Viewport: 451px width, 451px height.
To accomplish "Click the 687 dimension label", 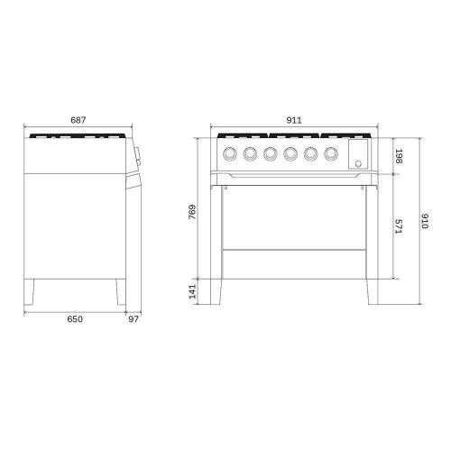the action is [x=78, y=120].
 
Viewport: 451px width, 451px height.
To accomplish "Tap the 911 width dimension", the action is [x=294, y=120].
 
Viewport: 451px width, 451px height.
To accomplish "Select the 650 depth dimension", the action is [x=75, y=319].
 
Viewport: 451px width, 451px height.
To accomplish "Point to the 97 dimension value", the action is [x=133, y=319].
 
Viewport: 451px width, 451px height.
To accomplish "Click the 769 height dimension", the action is [x=192, y=212].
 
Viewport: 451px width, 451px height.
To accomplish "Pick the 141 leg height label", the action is [x=192, y=291].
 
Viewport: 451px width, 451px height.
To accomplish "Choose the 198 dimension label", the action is [x=399, y=156].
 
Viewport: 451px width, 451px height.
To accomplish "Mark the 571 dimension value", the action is [x=399, y=226].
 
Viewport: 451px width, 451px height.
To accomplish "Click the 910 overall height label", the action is [x=425, y=221].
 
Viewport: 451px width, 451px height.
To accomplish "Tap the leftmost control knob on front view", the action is [x=230, y=153].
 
